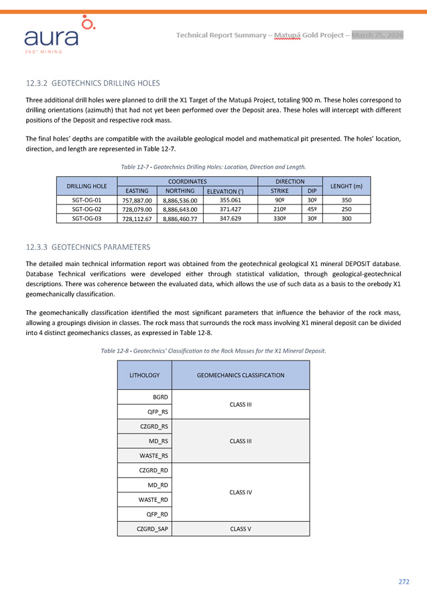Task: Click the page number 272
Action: pyautogui.click(x=403, y=582)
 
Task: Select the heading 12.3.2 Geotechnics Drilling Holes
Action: pyautogui.click(x=93, y=83)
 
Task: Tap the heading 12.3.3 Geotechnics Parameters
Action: pyautogui.click(x=88, y=247)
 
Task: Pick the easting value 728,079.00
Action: pyautogui.click(x=137, y=209)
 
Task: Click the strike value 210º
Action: pyautogui.click(x=280, y=209)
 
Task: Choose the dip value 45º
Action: pyautogui.click(x=312, y=209)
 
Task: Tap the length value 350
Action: pyautogui.click(x=347, y=200)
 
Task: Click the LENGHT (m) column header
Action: pyautogui.click(x=347, y=186)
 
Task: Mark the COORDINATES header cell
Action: pyautogui.click(x=186, y=181)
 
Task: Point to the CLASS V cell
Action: pyautogui.click(x=241, y=529)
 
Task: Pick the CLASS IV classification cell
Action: pyautogui.click(x=241, y=492)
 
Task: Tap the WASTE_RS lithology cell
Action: pyautogui.click(x=154, y=455)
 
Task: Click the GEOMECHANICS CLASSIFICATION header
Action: pyautogui.click(x=241, y=376)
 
